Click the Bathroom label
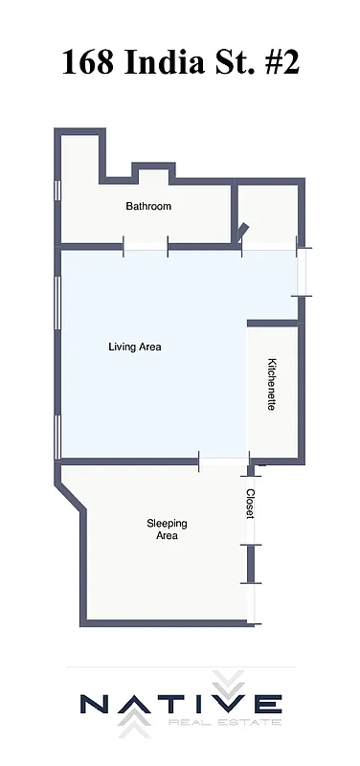148,206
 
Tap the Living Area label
134,347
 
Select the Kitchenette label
272,384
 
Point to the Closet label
250,505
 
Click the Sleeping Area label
167,529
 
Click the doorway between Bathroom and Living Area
146,247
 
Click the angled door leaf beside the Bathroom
244,233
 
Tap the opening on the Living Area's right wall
304,271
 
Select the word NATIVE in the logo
180,707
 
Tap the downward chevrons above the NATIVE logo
227,684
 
